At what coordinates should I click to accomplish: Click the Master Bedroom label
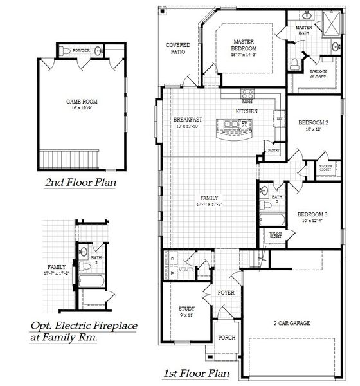[244, 46]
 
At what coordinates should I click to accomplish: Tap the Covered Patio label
[177, 48]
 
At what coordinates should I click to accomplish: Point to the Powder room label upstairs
[81, 50]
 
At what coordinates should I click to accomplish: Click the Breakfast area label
[188, 120]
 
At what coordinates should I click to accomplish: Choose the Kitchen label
[246, 111]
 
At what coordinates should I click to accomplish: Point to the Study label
[186, 309]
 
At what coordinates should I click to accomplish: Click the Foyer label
[226, 293]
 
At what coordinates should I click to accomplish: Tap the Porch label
[226, 337]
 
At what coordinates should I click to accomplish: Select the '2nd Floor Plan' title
[80, 183]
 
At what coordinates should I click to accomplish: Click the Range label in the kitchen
[246, 101]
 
